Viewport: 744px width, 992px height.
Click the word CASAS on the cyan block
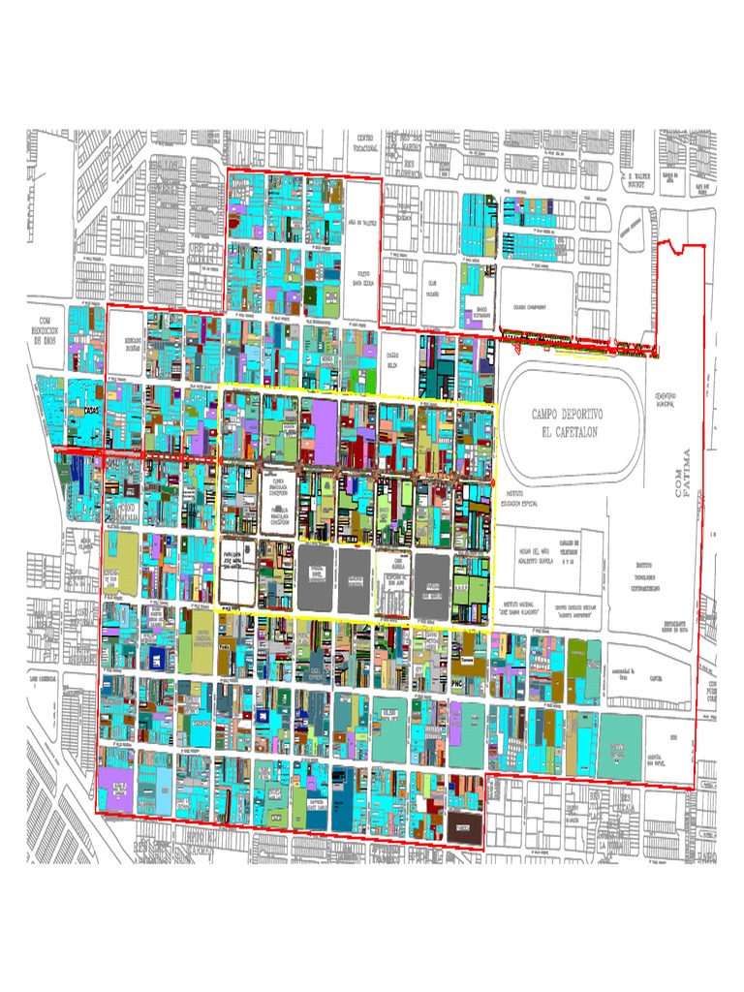pos(92,411)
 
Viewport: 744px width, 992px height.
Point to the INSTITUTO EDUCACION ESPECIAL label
pos(522,498)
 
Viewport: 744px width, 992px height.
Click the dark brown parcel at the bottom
pos(463,825)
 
